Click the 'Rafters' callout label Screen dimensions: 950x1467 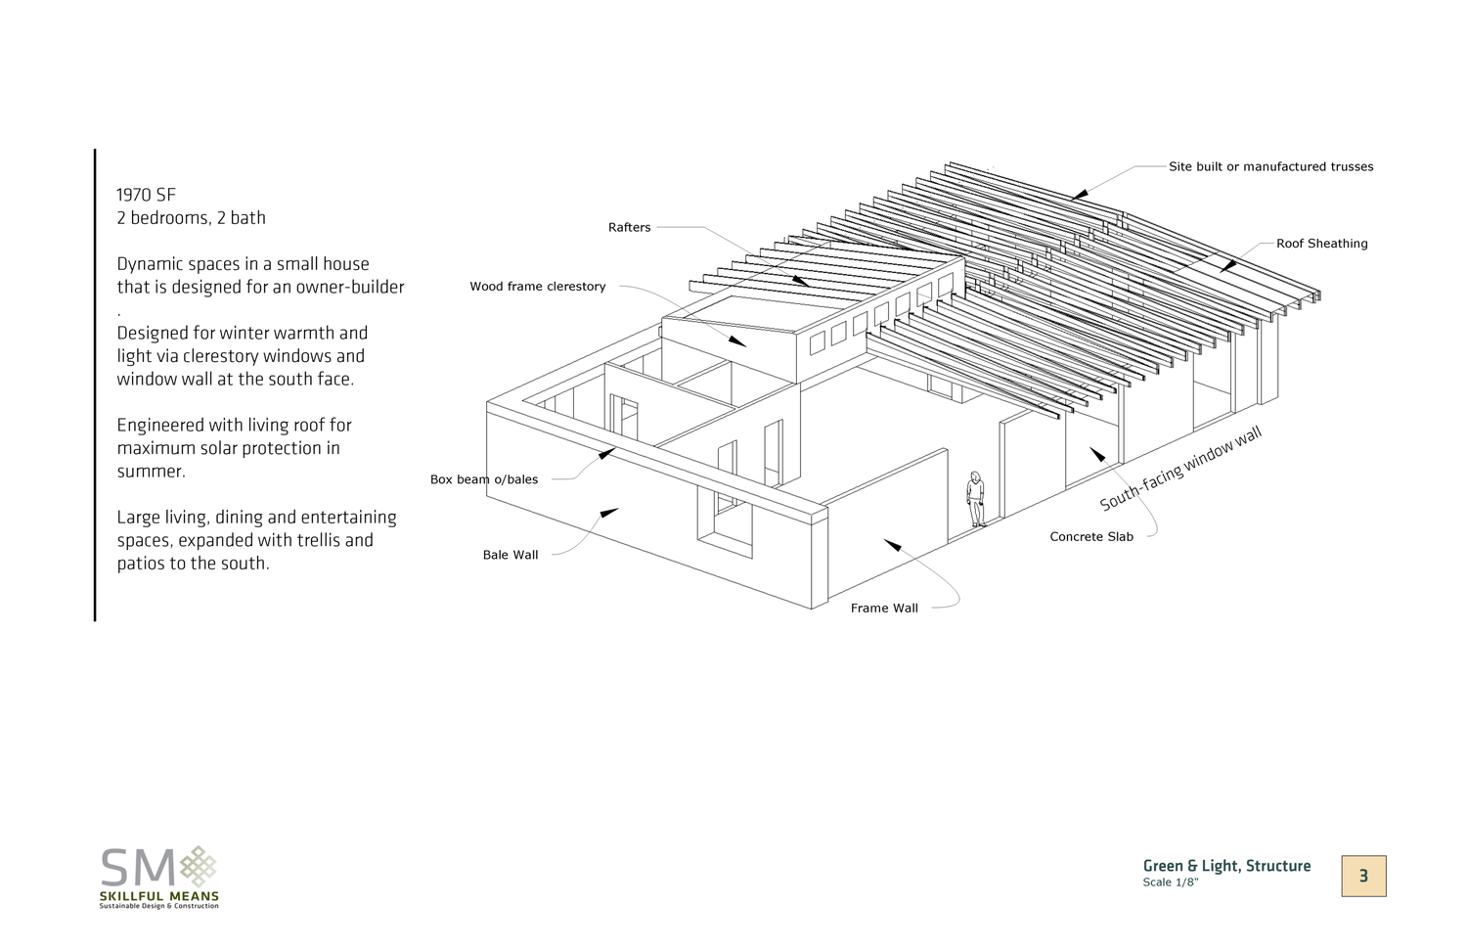pyautogui.click(x=629, y=228)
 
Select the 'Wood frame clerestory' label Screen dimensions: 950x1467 pyautogui.click(x=537, y=287)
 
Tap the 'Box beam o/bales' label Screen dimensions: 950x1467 pyautogui.click(x=484, y=479)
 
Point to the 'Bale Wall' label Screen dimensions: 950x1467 pyautogui.click(x=511, y=555)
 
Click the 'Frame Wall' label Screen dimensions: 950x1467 pyautogui.click(x=884, y=609)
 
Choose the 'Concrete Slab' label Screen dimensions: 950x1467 pyautogui.click(x=1091, y=537)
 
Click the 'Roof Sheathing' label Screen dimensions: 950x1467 pyautogui.click(x=1321, y=244)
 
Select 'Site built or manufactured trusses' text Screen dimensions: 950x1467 pyautogui.click(x=1270, y=167)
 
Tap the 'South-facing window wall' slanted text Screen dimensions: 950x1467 pyautogui.click(x=1180, y=470)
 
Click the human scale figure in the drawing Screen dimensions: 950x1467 pyautogui.click(x=975, y=499)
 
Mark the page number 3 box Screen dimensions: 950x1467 pyautogui.click(x=1363, y=876)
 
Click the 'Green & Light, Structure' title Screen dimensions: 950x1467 pyautogui.click(x=1226, y=866)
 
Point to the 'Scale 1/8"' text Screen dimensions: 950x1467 pyautogui.click(x=1170, y=882)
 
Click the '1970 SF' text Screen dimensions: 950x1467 pyautogui.click(x=147, y=195)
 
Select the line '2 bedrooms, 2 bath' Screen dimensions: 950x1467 pyautogui.click(x=191, y=218)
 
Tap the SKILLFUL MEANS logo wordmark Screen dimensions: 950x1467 pyautogui.click(x=159, y=896)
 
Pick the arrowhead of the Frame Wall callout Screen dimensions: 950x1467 pyautogui.click(x=892, y=544)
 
